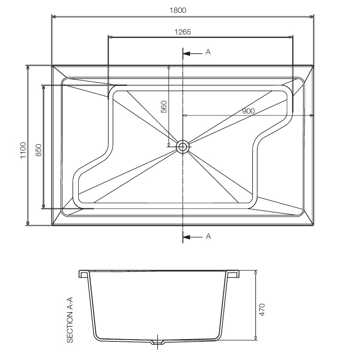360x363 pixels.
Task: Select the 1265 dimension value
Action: coord(183,31)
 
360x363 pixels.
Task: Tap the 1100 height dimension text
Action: coord(23,150)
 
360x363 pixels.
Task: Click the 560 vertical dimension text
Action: coord(163,108)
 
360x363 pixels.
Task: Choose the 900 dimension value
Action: coord(248,111)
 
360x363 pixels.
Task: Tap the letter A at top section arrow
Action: coord(208,52)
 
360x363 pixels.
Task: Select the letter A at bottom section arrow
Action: coord(208,237)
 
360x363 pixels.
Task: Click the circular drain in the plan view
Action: coord(182,147)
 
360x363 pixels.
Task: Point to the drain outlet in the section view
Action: coord(157,342)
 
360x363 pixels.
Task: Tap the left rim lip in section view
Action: coord(83,273)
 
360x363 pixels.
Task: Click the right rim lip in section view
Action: coord(234,273)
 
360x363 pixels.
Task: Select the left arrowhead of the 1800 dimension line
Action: coord(54,17)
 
